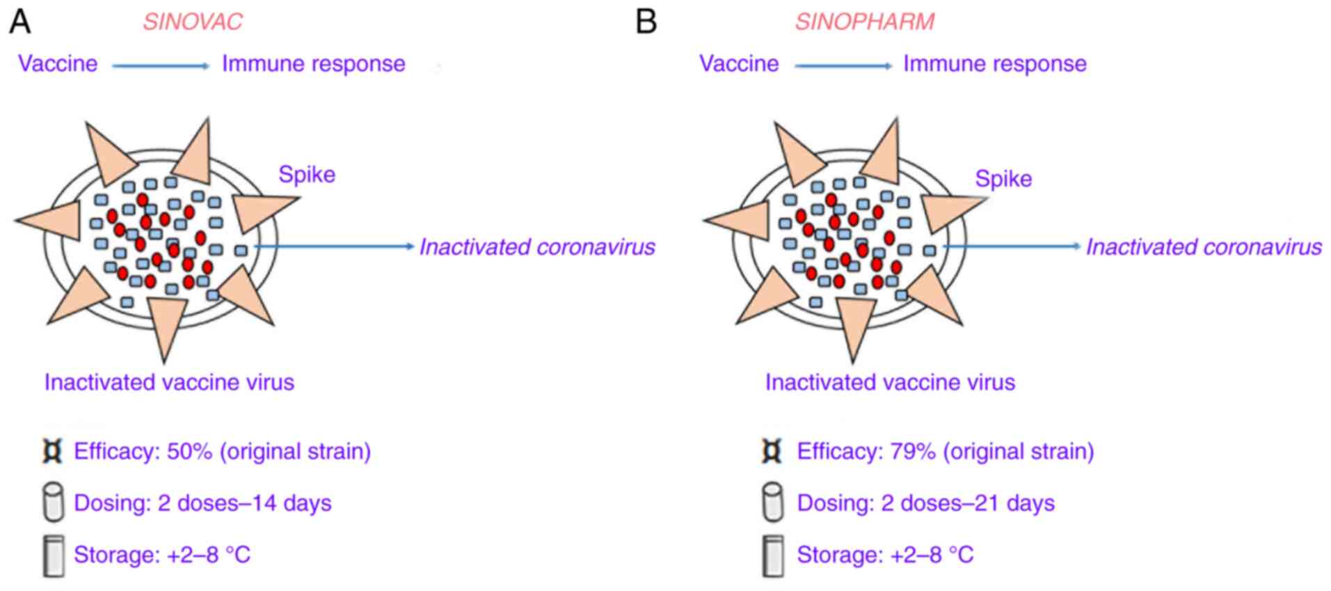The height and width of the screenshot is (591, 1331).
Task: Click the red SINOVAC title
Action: [193, 22]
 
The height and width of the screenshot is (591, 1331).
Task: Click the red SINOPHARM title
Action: [865, 22]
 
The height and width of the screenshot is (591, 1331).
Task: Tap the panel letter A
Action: [19, 22]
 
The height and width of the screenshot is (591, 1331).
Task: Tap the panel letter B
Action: [646, 22]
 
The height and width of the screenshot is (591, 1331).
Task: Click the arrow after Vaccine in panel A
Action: [160, 66]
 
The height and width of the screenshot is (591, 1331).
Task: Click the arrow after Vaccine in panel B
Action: [843, 66]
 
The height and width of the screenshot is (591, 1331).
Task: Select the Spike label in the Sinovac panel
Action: [307, 174]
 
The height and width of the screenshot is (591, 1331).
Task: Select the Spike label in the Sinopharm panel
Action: [1003, 179]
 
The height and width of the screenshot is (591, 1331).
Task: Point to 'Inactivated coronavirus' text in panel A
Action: [536, 247]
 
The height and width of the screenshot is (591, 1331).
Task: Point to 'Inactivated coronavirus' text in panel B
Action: [1204, 247]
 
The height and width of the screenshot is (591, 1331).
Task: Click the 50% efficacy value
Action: [189, 451]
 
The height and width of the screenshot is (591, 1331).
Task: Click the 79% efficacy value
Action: [912, 451]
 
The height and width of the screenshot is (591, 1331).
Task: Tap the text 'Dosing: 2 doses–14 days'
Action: [202, 503]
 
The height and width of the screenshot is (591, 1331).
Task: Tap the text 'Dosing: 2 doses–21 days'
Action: [925, 503]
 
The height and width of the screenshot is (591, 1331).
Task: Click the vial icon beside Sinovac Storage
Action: [54, 555]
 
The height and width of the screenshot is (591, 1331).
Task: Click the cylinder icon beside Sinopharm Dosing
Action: [772, 502]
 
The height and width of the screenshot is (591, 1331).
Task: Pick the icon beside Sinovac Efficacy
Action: [53, 451]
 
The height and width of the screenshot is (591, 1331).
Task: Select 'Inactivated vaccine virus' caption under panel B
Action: [890, 382]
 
